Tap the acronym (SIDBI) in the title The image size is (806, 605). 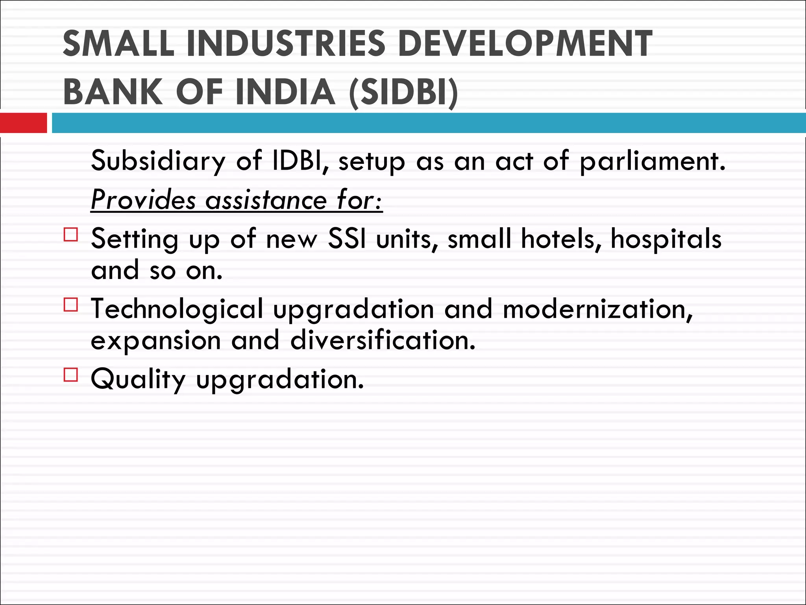(x=404, y=93)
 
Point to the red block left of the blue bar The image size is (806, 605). (x=23, y=123)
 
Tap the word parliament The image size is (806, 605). (x=652, y=161)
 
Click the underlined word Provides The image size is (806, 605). (x=143, y=200)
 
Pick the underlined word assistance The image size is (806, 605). (x=266, y=200)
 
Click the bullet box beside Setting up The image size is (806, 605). (x=71, y=234)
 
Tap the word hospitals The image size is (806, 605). (x=666, y=239)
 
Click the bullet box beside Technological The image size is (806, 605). (x=71, y=305)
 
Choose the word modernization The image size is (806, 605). (x=597, y=309)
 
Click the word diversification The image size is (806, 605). (x=383, y=340)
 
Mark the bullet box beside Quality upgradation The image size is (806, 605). (x=71, y=375)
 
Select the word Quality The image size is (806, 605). (x=138, y=379)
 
